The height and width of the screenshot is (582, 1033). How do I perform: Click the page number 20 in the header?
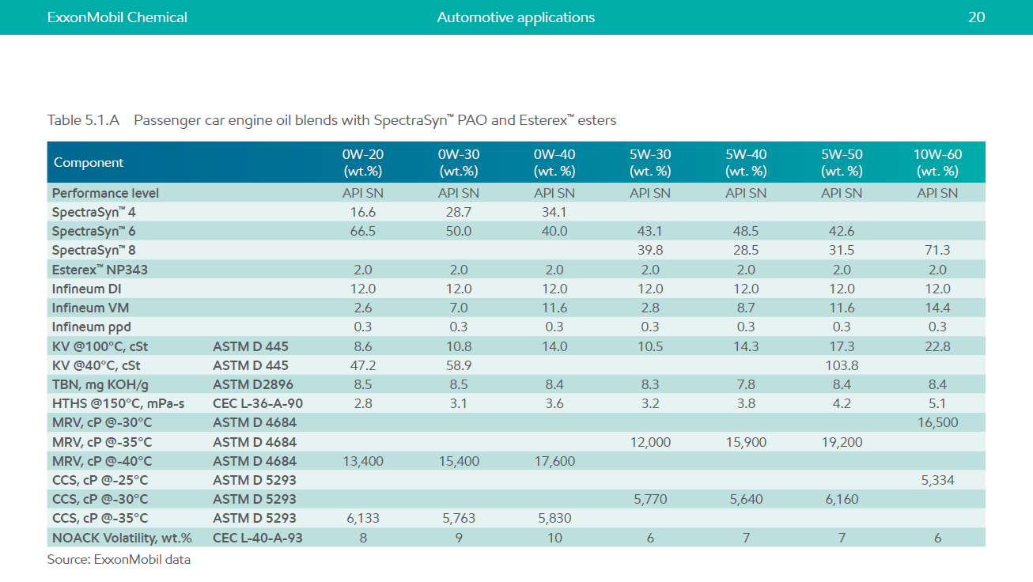click(x=976, y=17)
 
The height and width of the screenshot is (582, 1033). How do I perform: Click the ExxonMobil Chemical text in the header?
click(x=117, y=17)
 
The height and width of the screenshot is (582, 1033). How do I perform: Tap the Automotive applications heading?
click(x=516, y=17)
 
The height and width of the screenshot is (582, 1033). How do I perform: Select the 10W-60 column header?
click(x=937, y=162)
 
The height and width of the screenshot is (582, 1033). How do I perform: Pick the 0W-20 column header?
click(x=363, y=162)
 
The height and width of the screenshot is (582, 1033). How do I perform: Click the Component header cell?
click(x=89, y=162)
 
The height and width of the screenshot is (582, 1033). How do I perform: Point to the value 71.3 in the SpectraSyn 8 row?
click(x=937, y=250)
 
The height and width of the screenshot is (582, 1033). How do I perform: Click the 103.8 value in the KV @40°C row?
click(x=842, y=365)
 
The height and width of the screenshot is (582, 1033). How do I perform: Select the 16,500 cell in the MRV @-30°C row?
click(x=937, y=422)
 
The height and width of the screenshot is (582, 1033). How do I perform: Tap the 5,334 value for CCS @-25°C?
click(x=937, y=480)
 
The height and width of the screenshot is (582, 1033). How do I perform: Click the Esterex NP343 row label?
click(x=100, y=270)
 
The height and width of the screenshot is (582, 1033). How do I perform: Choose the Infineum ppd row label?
click(x=91, y=327)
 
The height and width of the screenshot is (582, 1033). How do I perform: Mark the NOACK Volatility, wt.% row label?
click(x=122, y=538)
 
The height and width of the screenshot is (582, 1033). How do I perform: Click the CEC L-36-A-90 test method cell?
click(x=258, y=403)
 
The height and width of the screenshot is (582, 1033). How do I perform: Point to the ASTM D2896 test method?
click(x=253, y=384)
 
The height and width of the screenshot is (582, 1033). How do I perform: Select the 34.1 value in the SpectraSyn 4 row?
click(x=554, y=212)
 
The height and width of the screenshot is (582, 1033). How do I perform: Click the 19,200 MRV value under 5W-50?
click(x=842, y=442)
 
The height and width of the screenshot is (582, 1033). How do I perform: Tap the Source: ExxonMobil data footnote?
click(x=119, y=559)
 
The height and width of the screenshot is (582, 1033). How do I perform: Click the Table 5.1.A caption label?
click(x=83, y=120)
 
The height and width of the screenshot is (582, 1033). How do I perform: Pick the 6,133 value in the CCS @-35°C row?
click(x=363, y=518)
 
